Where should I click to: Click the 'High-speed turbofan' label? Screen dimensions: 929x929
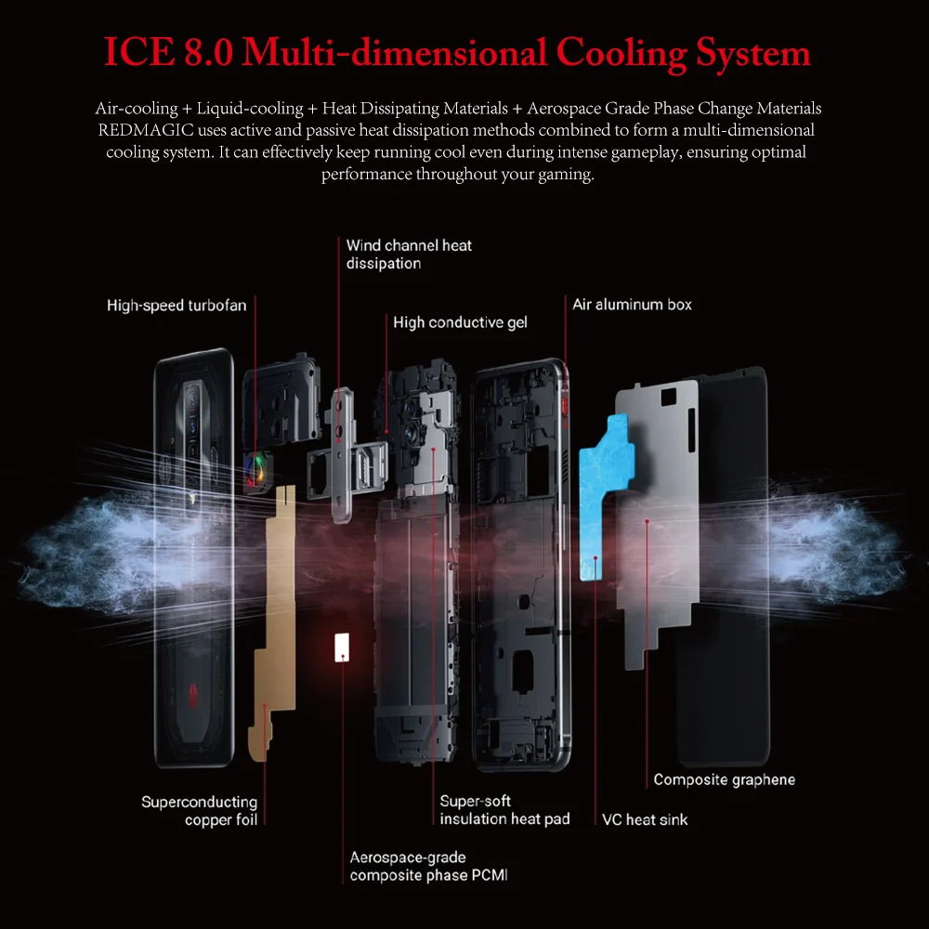pos(177,306)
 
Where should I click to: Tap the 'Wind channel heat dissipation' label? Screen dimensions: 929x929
pos(409,255)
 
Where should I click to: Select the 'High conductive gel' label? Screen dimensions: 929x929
pos(460,322)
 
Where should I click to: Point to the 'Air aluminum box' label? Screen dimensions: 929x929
pos(632,305)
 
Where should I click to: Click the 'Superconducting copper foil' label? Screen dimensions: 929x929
pos(199,810)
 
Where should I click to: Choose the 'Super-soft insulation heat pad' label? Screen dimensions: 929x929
pos(504,810)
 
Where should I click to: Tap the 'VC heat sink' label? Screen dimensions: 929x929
pos(645,819)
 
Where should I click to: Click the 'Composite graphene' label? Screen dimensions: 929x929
pos(724,779)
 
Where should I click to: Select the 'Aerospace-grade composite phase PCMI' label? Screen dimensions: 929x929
pos(428,866)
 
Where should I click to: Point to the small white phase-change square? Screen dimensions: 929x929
pos(341,647)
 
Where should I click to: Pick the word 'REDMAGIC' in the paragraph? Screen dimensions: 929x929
pos(137,131)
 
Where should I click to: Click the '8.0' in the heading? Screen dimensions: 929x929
pos(204,52)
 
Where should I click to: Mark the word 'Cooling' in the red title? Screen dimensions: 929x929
pos(618,52)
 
